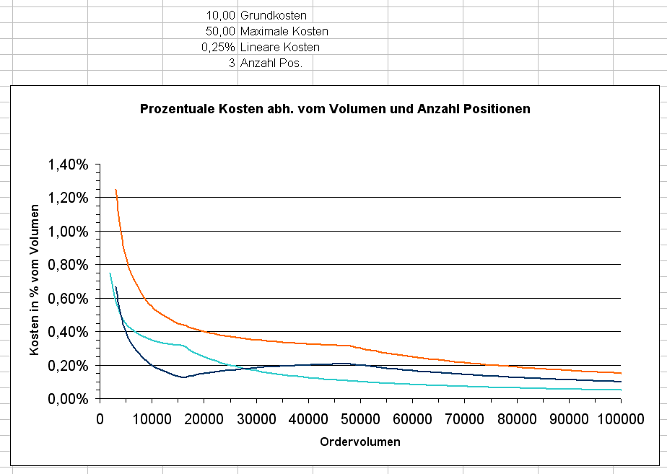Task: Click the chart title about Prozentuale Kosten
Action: coord(335,109)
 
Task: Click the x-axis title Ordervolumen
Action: coord(359,442)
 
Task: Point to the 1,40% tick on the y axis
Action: coord(68,164)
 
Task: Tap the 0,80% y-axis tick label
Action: coord(68,265)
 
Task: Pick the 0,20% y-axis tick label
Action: coord(68,366)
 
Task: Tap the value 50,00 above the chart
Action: coord(220,31)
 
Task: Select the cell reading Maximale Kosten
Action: coord(284,31)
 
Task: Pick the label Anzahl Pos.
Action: coord(271,63)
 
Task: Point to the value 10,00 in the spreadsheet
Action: coord(220,15)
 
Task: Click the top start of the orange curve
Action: coord(115,190)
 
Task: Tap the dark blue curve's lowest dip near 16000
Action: coord(183,377)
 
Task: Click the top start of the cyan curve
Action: coord(110,273)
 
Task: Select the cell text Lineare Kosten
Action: coord(279,47)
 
